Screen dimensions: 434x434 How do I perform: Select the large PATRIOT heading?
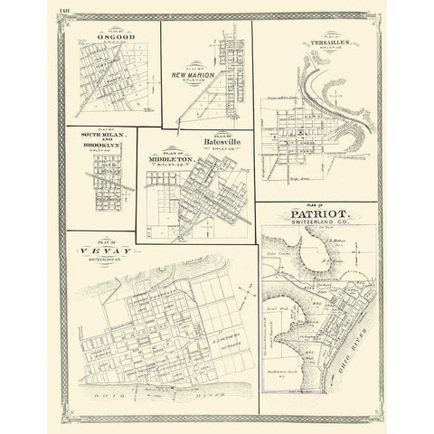(310, 216)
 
